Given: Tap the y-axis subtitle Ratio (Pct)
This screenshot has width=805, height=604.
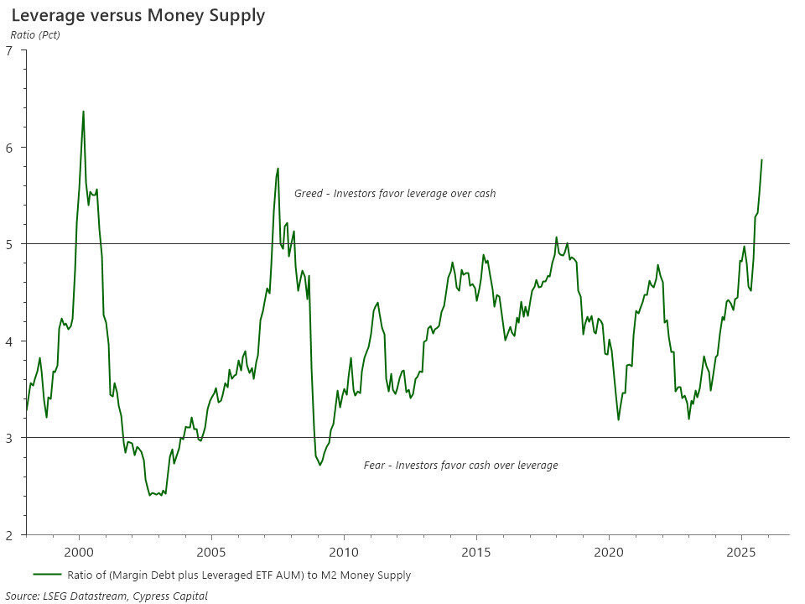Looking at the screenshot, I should pyautogui.click(x=35, y=34).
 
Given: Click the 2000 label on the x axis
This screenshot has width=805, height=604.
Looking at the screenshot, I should pyautogui.click(x=79, y=552).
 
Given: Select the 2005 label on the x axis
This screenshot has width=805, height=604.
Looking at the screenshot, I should pyautogui.click(x=211, y=552).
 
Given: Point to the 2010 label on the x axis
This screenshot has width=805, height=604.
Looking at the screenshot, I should pyautogui.click(x=344, y=552).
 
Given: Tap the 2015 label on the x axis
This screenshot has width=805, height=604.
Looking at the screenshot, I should pyautogui.click(x=476, y=552).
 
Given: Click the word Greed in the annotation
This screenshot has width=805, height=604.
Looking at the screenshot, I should pyautogui.click(x=309, y=194).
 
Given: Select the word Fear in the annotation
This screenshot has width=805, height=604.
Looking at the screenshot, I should pyautogui.click(x=375, y=466).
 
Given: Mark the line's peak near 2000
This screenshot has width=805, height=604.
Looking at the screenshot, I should pyautogui.click(x=83, y=112).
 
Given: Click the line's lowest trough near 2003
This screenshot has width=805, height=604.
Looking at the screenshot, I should pyautogui.click(x=150, y=495).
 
